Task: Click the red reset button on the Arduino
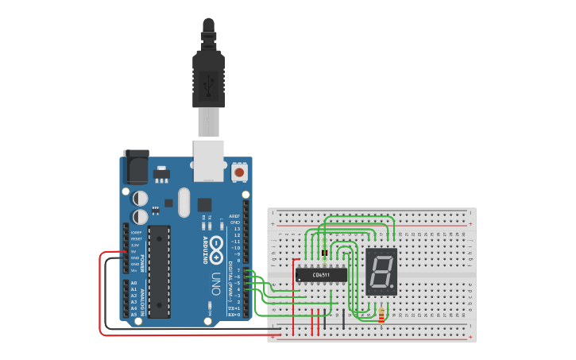click(238, 172)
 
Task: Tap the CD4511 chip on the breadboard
click(321, 275)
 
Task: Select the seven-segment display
click(381, 272)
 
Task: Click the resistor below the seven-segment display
click(381, 315)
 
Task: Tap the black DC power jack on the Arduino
click(136, 168)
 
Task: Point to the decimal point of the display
click(392, 289)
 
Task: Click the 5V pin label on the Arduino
click(136, 251)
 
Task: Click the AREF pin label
click(234, 216)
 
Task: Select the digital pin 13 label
click(235, 229)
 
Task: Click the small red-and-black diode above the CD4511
click(325, 253)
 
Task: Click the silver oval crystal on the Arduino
click(184, 202)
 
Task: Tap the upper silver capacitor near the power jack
click(140, 197)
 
